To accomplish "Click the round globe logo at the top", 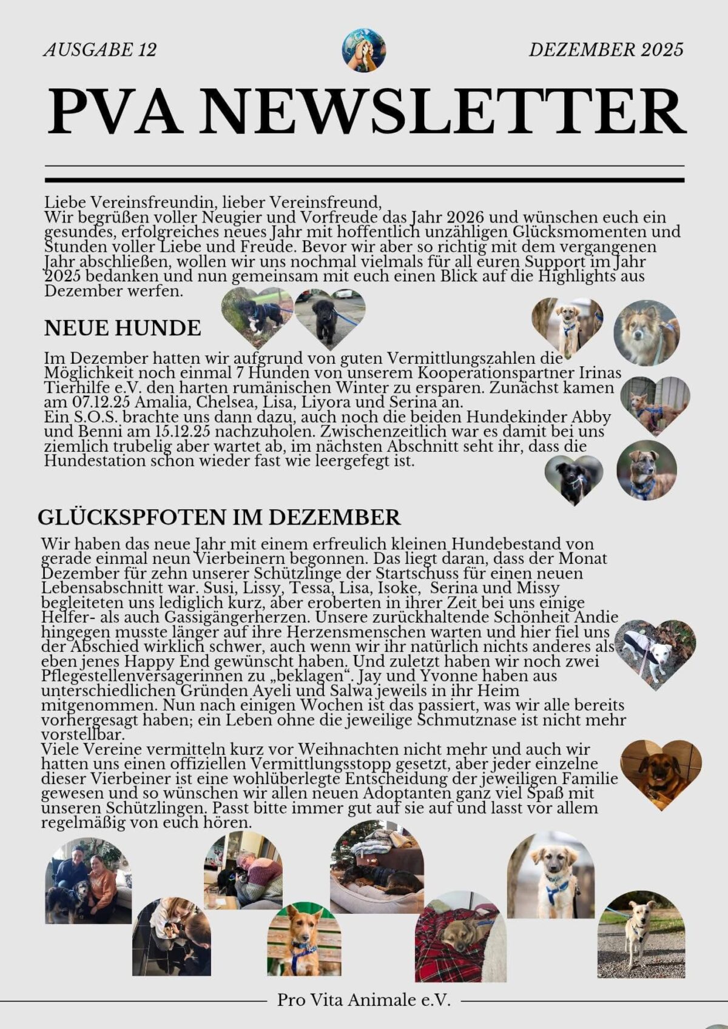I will pos(363,50).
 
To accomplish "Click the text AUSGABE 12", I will pos(100,50).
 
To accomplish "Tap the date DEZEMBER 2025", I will pos(606,50).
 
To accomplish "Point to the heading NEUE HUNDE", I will pos(123,328).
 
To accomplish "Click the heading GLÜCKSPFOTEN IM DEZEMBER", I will pos(219,517).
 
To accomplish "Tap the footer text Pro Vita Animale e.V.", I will pos(364,1000).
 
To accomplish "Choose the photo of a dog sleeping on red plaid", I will pos(460,937).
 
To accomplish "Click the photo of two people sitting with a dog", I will pos(88,882).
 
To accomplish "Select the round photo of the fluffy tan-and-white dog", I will pos(646,332).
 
